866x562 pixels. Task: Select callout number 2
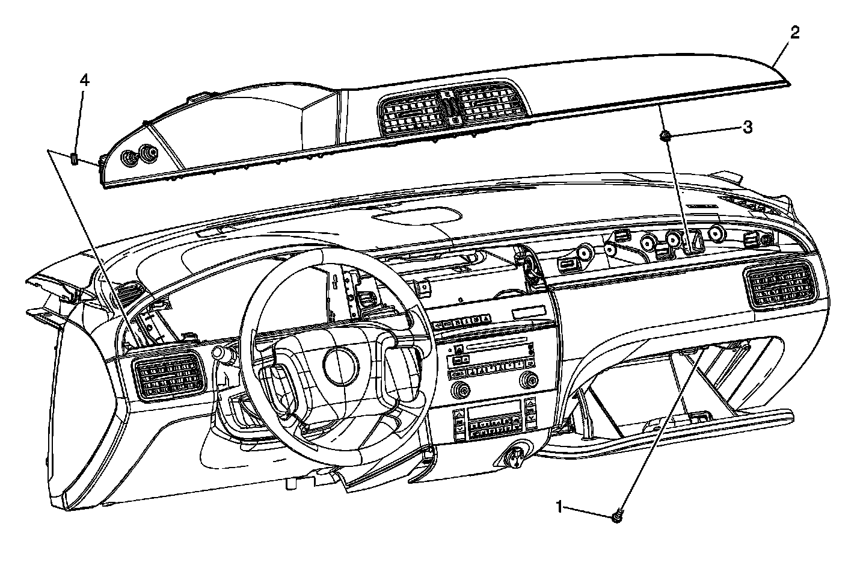(x=795, y=32)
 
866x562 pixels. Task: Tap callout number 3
(x=747, y=127)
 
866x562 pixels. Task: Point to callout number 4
(x=85, y=80)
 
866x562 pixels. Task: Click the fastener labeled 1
(x=617, y=516)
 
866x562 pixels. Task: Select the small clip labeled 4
(x=74, y=159)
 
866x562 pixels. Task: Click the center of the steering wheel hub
(x=340, y=363)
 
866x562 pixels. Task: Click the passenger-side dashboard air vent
(x=781, y=286)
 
